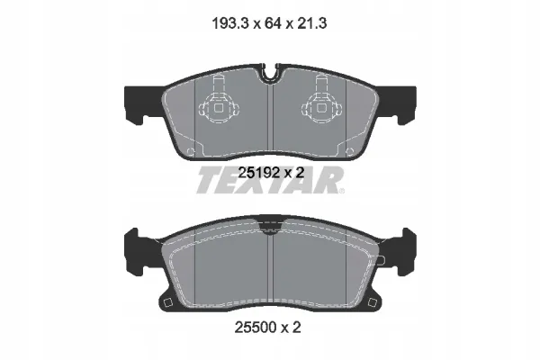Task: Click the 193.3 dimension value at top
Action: pos(229,23)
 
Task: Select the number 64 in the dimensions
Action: pos(273,23)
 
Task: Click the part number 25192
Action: pos(258,173)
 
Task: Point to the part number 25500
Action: pos(256,327)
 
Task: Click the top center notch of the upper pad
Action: pos(270,73)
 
